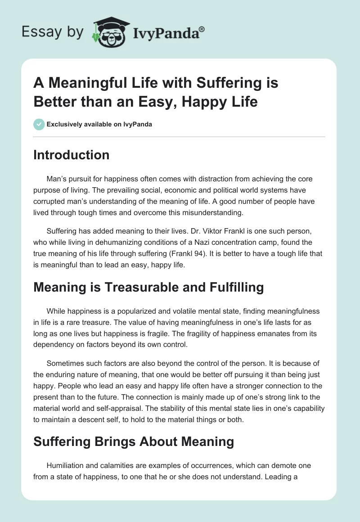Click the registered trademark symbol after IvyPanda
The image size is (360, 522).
coord(202,29)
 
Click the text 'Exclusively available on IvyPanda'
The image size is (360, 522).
coord(99,124)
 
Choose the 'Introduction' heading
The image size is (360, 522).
coord(71,155)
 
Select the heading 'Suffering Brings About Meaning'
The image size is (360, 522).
coord(133,441)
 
